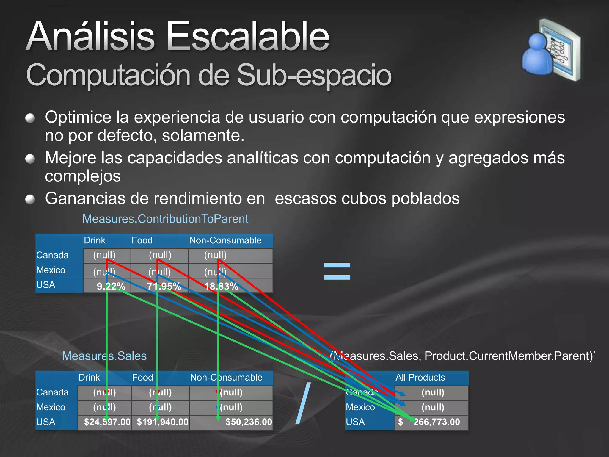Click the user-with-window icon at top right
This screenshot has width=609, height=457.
point(551,50)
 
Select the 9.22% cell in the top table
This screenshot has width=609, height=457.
point(111,286)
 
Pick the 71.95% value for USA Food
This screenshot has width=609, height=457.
point(164,286)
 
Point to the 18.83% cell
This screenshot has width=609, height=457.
point(221,286)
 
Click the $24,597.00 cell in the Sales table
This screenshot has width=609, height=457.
point(107,422)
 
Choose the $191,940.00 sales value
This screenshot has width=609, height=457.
point(162,422)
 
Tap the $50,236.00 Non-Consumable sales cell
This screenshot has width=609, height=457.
point(249,422)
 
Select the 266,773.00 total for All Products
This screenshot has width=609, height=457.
point(436,422)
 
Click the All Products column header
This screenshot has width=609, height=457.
point(420,377)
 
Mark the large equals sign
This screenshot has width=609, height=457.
point(337,271)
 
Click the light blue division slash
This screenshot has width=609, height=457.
point(303,403)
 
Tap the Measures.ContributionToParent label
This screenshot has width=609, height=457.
point(165,219)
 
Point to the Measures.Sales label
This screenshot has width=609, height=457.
point(104,356)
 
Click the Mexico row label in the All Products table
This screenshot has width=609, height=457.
point(360,407)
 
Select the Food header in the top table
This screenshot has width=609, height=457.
point(142,240)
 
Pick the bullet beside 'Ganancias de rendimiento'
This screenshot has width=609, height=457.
point(30,199)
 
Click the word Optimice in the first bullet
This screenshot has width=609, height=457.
point(78,117)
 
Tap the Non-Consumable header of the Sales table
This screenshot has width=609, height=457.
point(226,377)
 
